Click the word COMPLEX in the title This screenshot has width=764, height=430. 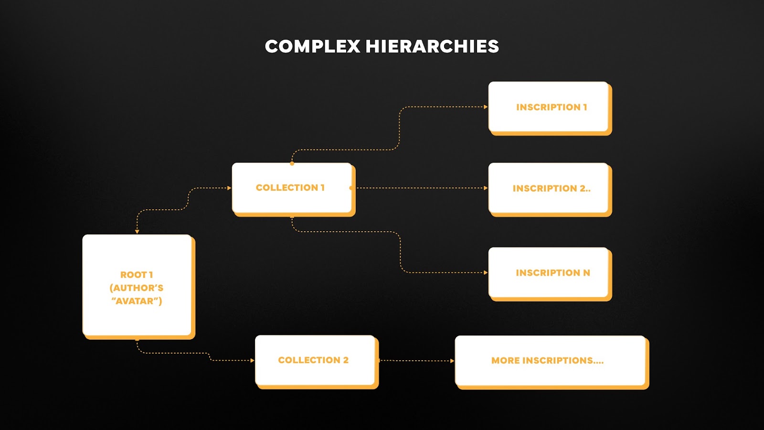coord(312,46)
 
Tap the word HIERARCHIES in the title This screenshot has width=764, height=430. coord(432,46)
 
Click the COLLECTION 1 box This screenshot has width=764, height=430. coord(292,188)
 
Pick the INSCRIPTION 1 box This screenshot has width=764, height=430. coord(549,107)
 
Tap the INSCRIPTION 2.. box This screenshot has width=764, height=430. coord(549,188)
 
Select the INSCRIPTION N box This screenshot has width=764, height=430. coord(549,273)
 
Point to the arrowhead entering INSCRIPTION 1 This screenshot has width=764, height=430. coord(486,107)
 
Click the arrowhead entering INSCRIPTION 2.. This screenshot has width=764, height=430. coord(486,188)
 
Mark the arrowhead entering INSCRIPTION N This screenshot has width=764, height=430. coord(486,273)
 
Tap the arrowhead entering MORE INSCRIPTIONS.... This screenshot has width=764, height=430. coord(452,361)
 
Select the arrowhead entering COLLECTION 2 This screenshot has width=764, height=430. coord(252,360)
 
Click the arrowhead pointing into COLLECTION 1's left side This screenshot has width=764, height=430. coord(229,188)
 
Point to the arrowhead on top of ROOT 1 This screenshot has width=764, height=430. coord(137,232)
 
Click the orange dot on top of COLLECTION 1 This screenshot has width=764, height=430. coord(292,163)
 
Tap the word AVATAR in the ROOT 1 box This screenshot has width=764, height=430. coord(137,301)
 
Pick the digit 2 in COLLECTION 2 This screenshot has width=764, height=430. coord(346,360)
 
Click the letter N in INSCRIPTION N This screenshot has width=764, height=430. coord(586,273)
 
